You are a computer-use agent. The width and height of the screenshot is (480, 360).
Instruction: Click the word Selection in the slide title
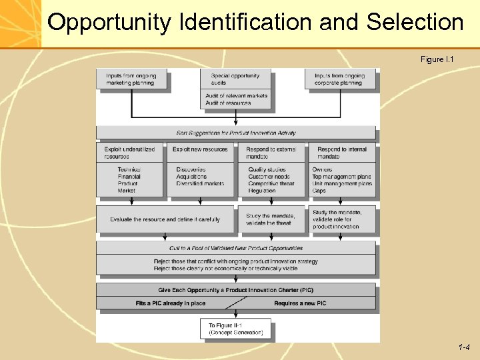pyautogui.click(x=415, y=23)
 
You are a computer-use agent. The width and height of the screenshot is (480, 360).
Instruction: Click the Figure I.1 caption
pyautogui.click(x=437, y=60)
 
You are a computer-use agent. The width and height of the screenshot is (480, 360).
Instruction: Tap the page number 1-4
pyautogui.click(x=464, y=347)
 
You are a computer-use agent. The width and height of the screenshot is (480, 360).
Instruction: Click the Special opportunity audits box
pyautogui.click(x=236, y=79)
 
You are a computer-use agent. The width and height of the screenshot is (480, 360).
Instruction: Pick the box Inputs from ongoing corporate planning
pyautogui.click(x=340, y=79)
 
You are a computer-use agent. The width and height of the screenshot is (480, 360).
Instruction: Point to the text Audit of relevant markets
pyautogui.click(x=236, y=96)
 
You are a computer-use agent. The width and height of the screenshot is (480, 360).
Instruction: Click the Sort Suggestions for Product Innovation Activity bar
pyautogui.click(x=236, y=133)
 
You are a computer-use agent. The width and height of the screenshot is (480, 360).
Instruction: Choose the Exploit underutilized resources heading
pyautogui.click(x=129, y=153)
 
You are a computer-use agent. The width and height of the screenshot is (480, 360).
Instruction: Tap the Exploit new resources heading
pyautogui.click(x=200, y=149)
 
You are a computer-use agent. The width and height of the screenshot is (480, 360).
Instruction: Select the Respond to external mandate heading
pyautogui.click(x=271, y=153)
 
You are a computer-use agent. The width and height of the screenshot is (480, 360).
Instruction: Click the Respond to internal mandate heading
pyautogui.click(x=342, y=153)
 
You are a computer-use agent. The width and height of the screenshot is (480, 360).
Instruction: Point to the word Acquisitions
pyautogui.click(x=191, y=177)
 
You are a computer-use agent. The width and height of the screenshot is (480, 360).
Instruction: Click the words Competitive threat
pyautogui.click(x=271, y=183)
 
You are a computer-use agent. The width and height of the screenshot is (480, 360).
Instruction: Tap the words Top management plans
pyautogui.click(x=341, y=177)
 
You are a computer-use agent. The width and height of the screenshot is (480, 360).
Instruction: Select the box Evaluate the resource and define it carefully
pyautogui.click(x=165, y=219)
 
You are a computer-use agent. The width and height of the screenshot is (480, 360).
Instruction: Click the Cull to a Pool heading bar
pyautogui.click(x=236, y=248)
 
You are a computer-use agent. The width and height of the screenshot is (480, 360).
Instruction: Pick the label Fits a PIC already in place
pyautogui.click(x=171, y=303)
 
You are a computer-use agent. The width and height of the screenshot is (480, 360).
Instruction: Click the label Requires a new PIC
pyautogui.click(x=300, y=303)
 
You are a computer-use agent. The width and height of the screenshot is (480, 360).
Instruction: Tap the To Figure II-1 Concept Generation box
pyautogui.click(x=236, y=329)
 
